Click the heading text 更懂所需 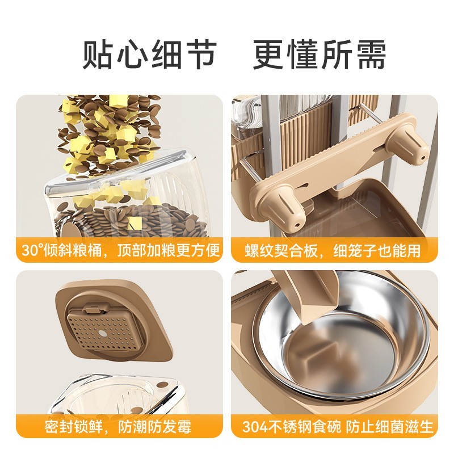click(320, 55)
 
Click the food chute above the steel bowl click(301, 295)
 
